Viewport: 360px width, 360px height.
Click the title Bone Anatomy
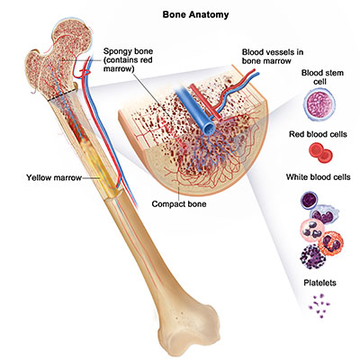[x=195, y=14]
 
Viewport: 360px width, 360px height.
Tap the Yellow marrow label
[x=54, y=177]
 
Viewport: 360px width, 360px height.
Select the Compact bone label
[x=179, y=204]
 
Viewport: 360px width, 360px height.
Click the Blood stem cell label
[x=322, y=77]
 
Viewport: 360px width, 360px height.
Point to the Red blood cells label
[x=318, y=134]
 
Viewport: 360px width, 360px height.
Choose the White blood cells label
[x=319, y=177]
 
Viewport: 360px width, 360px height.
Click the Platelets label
[x=319, y=283]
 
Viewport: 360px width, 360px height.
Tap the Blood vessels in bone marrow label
[x=273, y=57]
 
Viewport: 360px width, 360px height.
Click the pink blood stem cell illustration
[x=319, y=104]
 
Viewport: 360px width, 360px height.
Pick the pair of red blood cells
[x=320, y=153]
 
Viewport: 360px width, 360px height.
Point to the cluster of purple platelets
[x=319, y=305]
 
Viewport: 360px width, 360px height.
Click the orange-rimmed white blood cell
[x=331, y=242]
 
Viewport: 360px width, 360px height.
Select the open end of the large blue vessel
[x=209, y=128]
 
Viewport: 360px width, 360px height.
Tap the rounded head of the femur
[x=71, y=34]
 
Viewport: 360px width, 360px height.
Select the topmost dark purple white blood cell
[x=310, y=200]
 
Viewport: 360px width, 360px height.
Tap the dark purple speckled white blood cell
[x=313, y=256]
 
